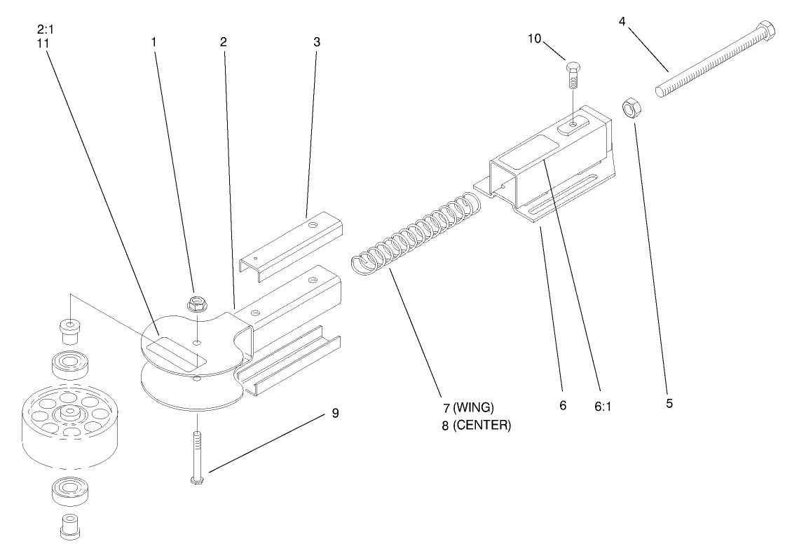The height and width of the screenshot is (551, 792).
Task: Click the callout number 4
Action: point(622,22)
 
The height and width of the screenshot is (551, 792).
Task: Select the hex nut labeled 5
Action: point(632,109)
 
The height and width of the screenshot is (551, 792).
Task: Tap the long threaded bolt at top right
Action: point(715,62)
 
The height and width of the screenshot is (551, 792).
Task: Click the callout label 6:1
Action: point(603,405)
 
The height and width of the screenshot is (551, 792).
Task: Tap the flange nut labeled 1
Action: point(196,304)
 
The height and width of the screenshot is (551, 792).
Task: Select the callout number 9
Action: point(335,413)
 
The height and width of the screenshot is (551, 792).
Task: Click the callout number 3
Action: point(317,41)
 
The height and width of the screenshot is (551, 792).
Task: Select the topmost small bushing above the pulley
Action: point(69,329)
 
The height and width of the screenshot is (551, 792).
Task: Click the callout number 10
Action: point(535,37)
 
